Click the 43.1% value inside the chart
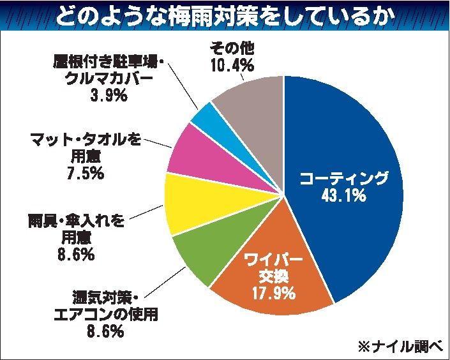342,197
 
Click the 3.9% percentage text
109,96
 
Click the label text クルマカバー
110,80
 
